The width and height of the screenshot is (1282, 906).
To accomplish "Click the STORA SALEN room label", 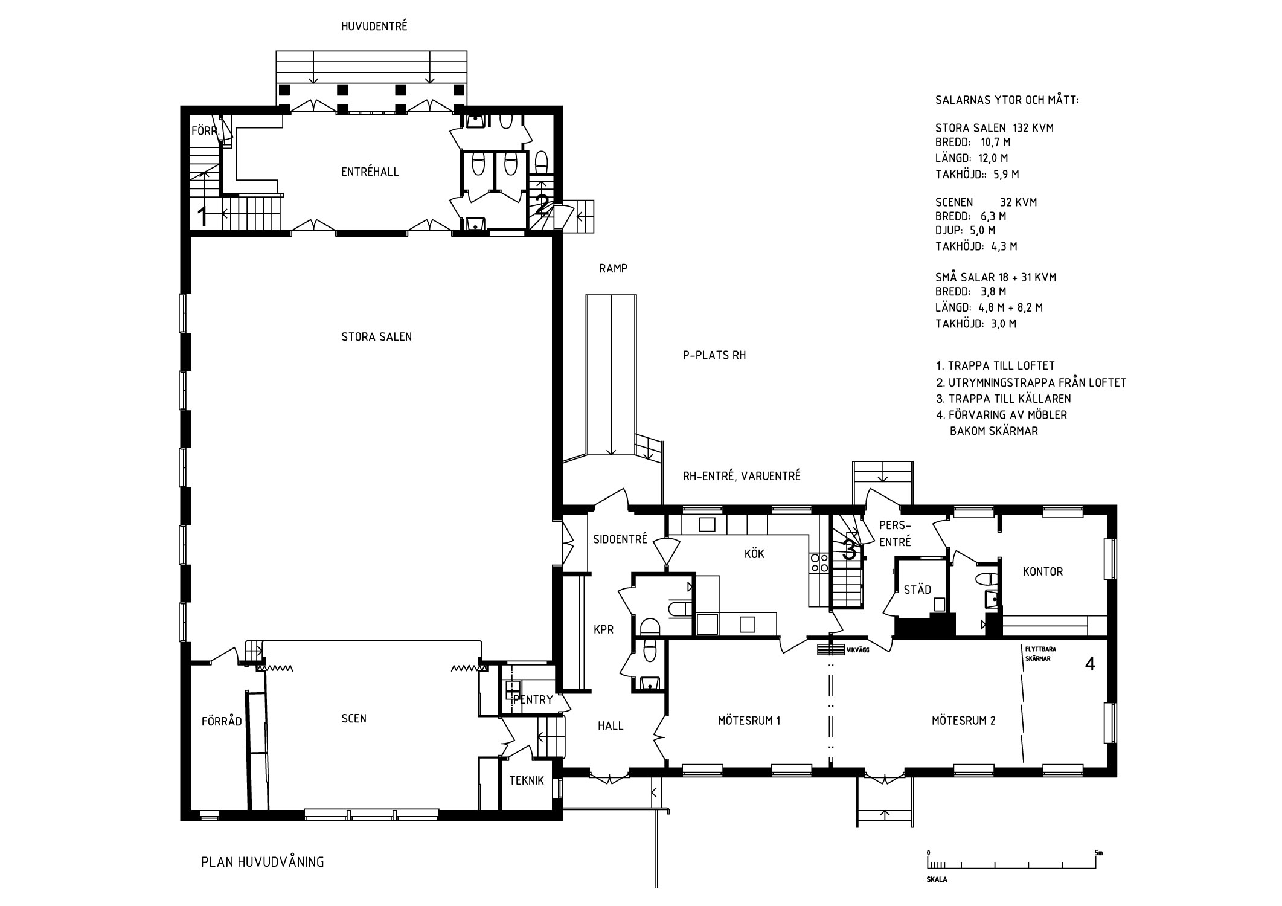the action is [x=376, y=337].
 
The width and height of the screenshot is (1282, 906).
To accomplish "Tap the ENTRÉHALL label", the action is [x=370, y=172].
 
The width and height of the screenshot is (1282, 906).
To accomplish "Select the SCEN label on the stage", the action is [x=354, y=719].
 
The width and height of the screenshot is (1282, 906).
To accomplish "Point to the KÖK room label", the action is [x=755, y=553].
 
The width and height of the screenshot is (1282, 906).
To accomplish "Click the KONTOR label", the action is [x=1043, y=571].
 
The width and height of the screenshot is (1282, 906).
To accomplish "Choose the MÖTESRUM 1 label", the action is [x=749, y=721].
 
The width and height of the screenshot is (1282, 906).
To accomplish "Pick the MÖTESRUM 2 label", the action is [x=963, y=721].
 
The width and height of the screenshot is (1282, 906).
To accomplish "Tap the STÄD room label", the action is [x=917, y=590].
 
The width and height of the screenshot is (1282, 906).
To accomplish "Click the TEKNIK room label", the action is [x=527, y=780].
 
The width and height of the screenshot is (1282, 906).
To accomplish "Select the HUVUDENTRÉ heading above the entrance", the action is [x=374, y=27].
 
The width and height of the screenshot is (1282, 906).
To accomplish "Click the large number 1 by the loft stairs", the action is [x=203, y=216].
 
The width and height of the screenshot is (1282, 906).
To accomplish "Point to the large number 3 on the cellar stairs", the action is [x=849, y=550].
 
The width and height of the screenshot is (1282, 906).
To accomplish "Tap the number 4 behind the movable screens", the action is [x=1090, y=664].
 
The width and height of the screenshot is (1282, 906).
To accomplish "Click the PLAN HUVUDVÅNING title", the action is [x=262, y=862].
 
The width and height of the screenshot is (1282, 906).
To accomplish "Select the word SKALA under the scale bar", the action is [x=937, y=880].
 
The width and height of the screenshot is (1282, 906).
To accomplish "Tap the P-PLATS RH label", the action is [x=714, y=356].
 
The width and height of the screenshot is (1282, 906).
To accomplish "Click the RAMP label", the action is [x=614, y=269].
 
